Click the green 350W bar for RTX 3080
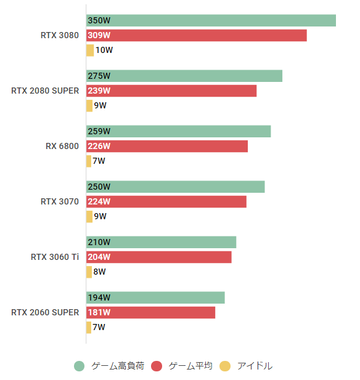pyautogui.click(x=211, y=20)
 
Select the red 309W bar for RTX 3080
pyautogui.click(x=196, y=35)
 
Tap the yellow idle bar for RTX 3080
pyautogui.click(x=90, y=50)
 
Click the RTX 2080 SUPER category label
pyautogui.click(x=45, y=91)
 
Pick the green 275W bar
pyautogui.click(x=184, y=76)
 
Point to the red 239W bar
pyautogui.click(x=171, y=91)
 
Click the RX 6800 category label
pyautogui.click(x=62, y=146)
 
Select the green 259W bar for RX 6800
pyautogui.click(x=178, y=131)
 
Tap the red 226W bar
pyautogui.click(x=166, y=146)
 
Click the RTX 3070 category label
pyautogui.click(x=60, y=201)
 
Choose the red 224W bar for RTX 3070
pyautogui.click(x=166, y=201)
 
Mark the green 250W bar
pyautogui.click(x=175, y=187)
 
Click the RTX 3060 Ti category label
pyautogui.click(x=55, y=257)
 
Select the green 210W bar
pyautogui.click(x=161, y=242)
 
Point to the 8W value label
pyautogui.click(x=100, y=272)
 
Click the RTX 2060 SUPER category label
pyautogui.click(x=45, y=312)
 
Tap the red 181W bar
pyautogui.click(x=150, y=312)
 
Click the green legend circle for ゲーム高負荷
pyautogui.click(x=79, y=366)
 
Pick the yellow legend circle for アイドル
pyautogui.click(x=225, y=366)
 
